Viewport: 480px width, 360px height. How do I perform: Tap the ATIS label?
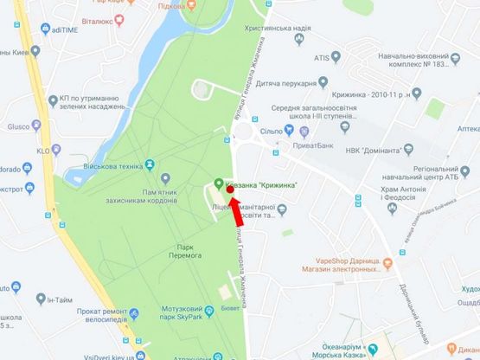point(322,59)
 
